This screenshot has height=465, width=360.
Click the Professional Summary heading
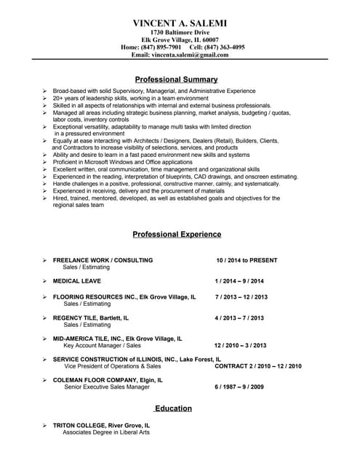pyautogui.click(x=177, y=78)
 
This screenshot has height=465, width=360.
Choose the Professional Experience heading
pyautogui.click(x=177, y=235)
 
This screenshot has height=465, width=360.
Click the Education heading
pyautogui.click(x=173, y=408)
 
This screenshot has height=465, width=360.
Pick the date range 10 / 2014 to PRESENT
pyautogui.click(x=247, y=260)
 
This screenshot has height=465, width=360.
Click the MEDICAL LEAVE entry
pyautogui.click(x=77, y=280)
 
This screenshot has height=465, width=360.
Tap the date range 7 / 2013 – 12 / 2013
pyautogui.click(x=241, y=297)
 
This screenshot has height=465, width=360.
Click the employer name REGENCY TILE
pyautogui.click(x=80, y=318)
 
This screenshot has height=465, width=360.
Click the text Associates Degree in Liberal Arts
pyautogui.click(x=105, y=432)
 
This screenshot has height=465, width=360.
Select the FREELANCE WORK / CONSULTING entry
pyautogui.click(x=103, y=260)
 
